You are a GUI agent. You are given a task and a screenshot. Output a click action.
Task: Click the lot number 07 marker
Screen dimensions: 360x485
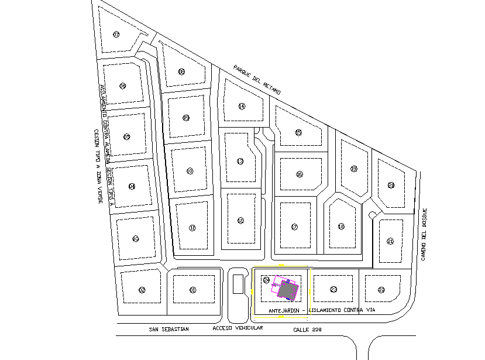[x=117, y=35]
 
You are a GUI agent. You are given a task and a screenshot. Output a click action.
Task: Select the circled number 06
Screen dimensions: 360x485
[x=123, y=86]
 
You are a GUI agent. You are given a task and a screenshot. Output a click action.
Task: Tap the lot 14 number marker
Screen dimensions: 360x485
[x=242, y=106]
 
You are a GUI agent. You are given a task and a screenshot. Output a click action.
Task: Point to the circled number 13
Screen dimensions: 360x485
[x=240, y=161]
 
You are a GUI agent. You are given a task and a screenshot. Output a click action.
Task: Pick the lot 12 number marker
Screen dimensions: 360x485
[x=240, y=220]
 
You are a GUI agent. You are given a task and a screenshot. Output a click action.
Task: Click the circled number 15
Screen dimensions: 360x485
[x=298, y=133]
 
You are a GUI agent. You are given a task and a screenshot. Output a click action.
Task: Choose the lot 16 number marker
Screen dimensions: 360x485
[x=300, y=174]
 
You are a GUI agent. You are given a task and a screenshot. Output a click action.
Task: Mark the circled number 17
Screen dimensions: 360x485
[x=295, y=227]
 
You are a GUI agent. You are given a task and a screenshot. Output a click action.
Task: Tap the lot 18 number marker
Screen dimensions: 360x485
[x=341, y=227]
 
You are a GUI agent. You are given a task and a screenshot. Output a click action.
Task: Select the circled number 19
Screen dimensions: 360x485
[x=353, y=169]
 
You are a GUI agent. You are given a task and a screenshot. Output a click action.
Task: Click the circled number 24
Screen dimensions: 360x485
[x=266, y=280]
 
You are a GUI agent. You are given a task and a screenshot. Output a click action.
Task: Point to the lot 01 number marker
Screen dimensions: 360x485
[x=192, y=289]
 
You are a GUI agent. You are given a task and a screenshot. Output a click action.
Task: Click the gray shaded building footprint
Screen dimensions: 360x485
[x=287, y=289]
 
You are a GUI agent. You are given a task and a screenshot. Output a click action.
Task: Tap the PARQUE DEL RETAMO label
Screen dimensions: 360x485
[x=257, y=80]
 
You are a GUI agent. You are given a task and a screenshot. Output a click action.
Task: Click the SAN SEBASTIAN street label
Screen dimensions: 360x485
[x=169, y=329]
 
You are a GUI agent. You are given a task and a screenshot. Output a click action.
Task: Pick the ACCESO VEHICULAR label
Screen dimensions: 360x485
[x=238, y=328]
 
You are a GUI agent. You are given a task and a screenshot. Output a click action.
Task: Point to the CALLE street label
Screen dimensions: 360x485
[x=302, y=329]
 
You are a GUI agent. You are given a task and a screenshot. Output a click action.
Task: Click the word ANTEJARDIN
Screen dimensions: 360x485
[x=284, y=310]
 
